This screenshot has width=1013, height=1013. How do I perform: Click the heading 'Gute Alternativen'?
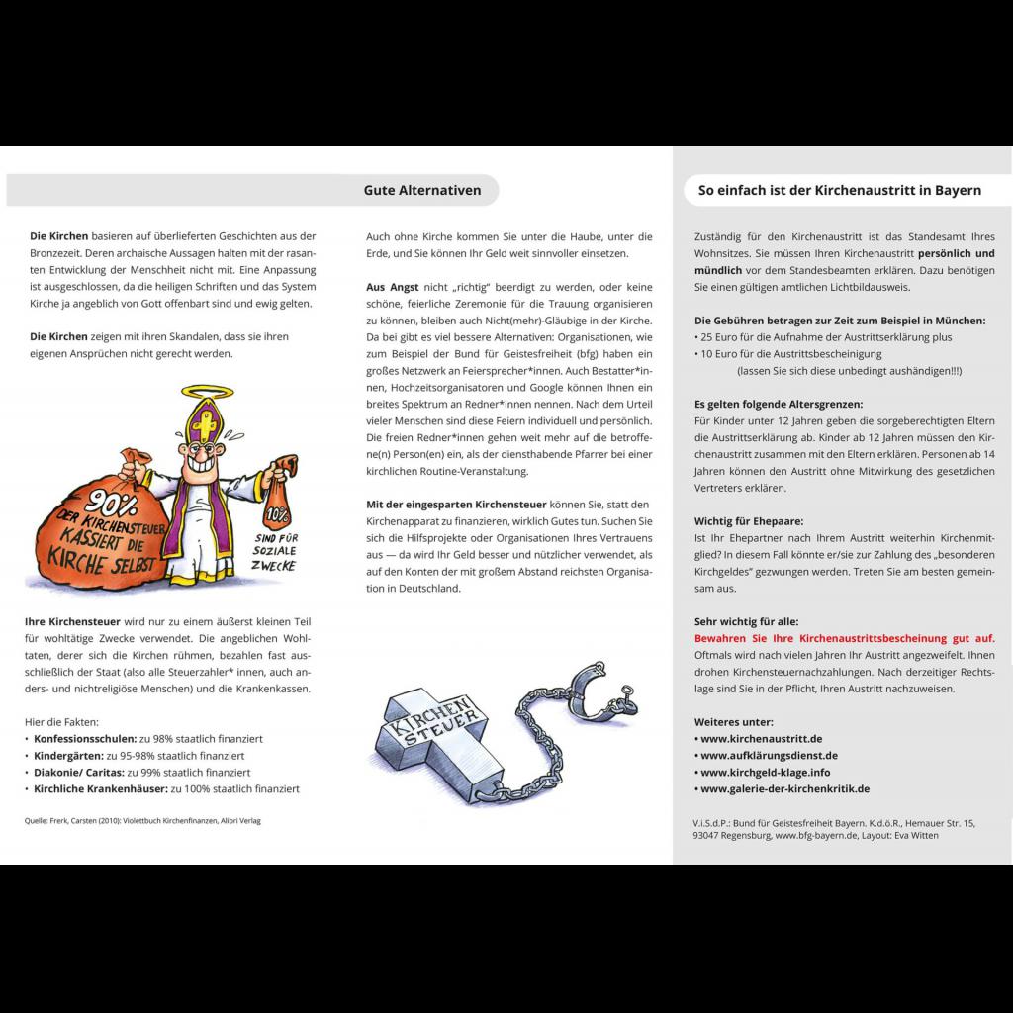[422, 190]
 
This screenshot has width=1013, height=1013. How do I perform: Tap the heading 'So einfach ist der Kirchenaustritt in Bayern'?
[840, 190]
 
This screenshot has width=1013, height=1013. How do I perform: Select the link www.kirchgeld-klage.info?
[764, 773]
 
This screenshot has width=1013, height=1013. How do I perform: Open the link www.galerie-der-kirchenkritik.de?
[783, 789]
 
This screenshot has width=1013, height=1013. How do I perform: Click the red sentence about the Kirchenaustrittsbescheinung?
[845, 639]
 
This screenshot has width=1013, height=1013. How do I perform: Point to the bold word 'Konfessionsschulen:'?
[84, 739]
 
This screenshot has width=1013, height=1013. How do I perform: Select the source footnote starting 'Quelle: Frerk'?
[142, 821]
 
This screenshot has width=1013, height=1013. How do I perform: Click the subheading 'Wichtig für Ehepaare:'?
[749, 521]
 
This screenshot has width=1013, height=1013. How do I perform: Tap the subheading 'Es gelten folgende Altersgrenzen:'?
[779, 405]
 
